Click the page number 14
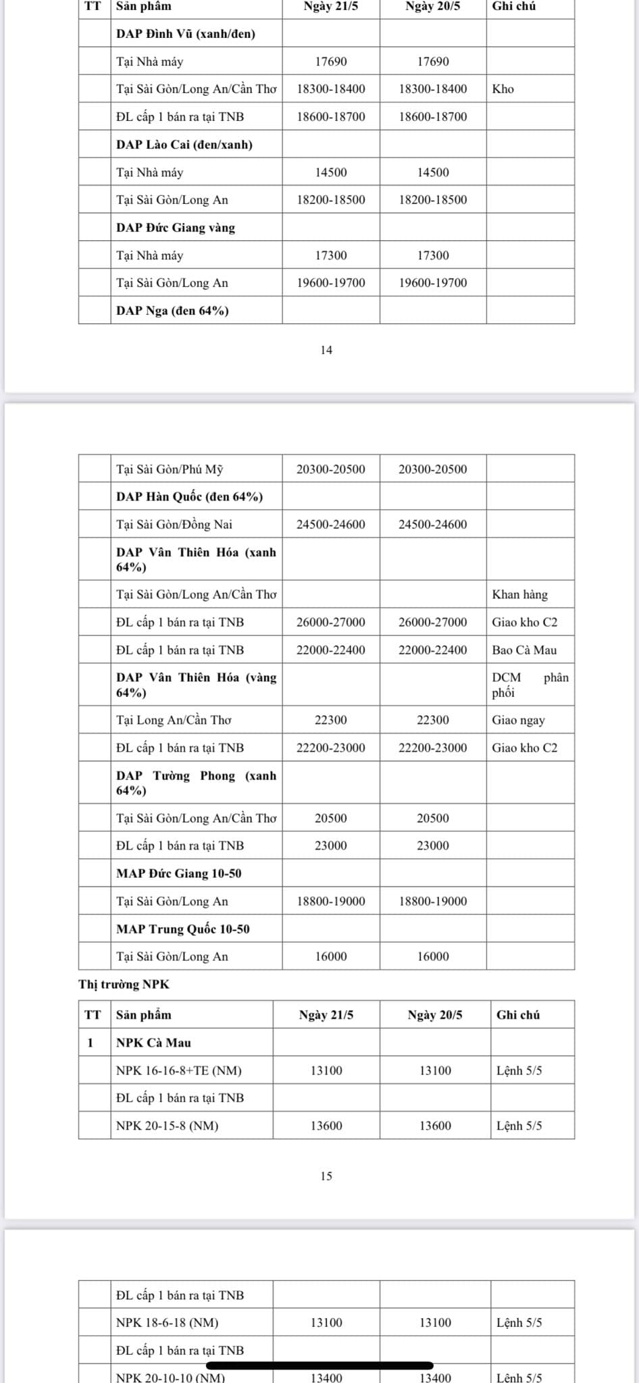326,350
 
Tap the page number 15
326,1176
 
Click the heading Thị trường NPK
124,984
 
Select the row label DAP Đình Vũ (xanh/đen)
186,34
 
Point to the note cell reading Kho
503,89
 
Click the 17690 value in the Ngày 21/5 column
331,61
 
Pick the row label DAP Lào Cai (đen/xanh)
184,145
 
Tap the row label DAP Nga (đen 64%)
172,311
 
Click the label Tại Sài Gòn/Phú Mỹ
170,469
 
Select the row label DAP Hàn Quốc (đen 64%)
189,497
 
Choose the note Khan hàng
520,595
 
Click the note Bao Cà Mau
524,650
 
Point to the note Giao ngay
518,720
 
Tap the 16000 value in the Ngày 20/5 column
433,956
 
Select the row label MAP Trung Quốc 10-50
182,929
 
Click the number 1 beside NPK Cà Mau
91,1043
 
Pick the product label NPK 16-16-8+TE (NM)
179,1070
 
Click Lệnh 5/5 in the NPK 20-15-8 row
519,1126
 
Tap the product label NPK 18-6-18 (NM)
167,1322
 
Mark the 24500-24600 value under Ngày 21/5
331,524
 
